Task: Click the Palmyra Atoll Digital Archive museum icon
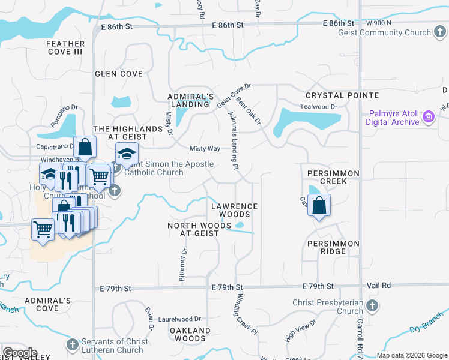(x=429, y=117)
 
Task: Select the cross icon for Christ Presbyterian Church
(x=372, y=307)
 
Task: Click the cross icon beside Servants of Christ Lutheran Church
(x=73, y=345)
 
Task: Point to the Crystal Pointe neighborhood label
(x=342, y=95)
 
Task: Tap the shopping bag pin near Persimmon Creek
(x=319, y=205)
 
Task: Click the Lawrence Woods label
(x=235, y=210)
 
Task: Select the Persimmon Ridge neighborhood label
(x=333, y=247)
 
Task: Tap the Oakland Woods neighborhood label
(x=190, y=334)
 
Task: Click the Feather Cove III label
(x=64, y=48)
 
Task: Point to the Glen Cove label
(x=119, y=74)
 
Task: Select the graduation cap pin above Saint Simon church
(x=127, y=154)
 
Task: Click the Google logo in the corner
(x=20, y=352)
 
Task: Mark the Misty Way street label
(x=205, y=149)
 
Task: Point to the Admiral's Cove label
(x=48, y=304)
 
